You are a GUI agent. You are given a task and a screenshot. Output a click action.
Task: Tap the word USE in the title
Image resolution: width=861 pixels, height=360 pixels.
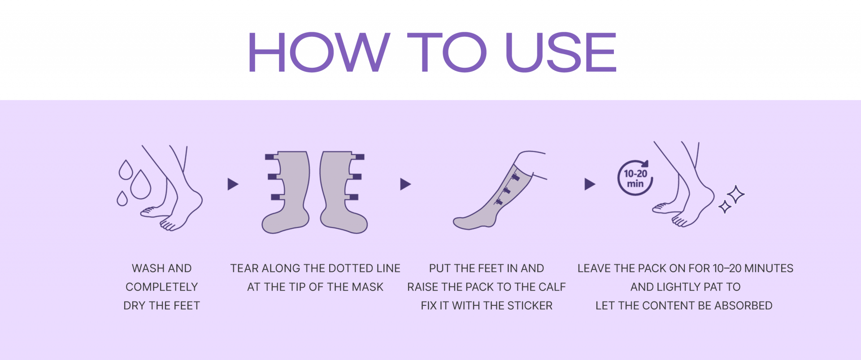(561, 52)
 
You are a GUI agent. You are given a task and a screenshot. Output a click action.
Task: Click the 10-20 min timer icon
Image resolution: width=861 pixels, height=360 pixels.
(635, 178)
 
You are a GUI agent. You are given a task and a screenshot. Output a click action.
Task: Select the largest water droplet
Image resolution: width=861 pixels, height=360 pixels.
(141, 184)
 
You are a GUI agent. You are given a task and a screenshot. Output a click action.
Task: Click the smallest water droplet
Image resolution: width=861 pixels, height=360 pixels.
(122, 198)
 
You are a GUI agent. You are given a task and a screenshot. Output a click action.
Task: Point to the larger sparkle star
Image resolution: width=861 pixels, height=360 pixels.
(735, 195)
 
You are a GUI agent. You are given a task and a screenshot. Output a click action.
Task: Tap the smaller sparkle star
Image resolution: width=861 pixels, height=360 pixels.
(725, 207)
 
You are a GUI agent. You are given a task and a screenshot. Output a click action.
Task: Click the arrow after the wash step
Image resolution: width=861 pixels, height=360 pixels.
(233, 184)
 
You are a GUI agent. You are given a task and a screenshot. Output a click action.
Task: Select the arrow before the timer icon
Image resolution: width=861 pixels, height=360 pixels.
(590, 184)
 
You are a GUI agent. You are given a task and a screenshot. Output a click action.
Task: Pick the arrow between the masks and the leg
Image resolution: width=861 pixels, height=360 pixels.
(405, 184)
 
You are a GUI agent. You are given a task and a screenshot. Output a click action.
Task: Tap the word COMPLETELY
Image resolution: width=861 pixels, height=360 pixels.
(162, 287)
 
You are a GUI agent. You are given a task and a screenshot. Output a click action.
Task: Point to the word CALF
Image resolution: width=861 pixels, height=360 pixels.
(552, 287)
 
